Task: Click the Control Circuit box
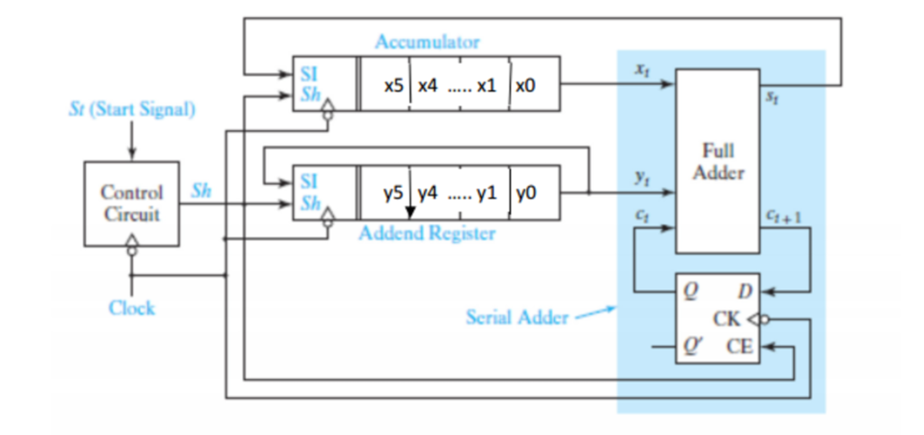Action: tap(132, 204)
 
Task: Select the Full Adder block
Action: tap(717, 162)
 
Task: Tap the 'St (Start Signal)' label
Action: tap(131, 110)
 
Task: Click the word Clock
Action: tap(132, 308)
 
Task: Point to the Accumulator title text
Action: tap(427, 42)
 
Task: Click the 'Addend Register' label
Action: tap(427, 234)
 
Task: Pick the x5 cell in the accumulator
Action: tap(393, 85)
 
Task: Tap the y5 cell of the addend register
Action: tap(393, 192)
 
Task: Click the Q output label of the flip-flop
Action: tap(689, 292)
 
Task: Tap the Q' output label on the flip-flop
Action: tap(691, 346)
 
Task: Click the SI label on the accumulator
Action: tap(307, 69)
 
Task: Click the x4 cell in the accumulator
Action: tap(428, 85)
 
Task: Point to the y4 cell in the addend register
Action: tap(428, 192)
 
